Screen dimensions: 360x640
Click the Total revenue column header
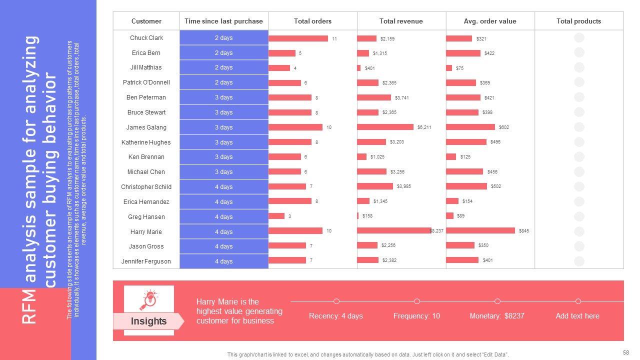click(x=401, y=21)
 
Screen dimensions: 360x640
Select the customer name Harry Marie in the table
click(x=146, y=231)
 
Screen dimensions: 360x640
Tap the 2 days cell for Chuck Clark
click(x=223, y=38)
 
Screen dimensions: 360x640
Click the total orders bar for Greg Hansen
click(x=276, y=216)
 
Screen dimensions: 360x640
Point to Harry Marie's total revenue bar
click(x=394, y=230)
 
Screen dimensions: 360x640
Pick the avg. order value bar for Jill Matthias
click(x=449, y=68)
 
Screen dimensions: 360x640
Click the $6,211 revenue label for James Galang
click(x=424, y=127)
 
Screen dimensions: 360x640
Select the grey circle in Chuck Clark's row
click(x=579, y=37)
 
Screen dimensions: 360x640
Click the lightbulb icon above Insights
click(x=149, y=299)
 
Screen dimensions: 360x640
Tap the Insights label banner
click(x=148, y=321)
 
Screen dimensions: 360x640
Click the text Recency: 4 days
click(x=336, y=316)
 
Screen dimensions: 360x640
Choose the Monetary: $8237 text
click(x=497, y=316)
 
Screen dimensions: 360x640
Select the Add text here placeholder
click(x=577, y=316)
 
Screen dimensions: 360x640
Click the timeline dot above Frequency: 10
click(x=417, y=301)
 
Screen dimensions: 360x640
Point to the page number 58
click(x=626, y=352)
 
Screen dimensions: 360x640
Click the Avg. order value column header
click(x=490, y=21)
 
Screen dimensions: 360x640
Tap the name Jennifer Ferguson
click(x=146, y=261)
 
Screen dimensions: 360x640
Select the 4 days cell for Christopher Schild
click(x=223, y=187)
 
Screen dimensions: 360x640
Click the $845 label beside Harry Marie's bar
click(x=524, y=231)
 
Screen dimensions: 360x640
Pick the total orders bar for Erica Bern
click(x=281, y=53)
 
